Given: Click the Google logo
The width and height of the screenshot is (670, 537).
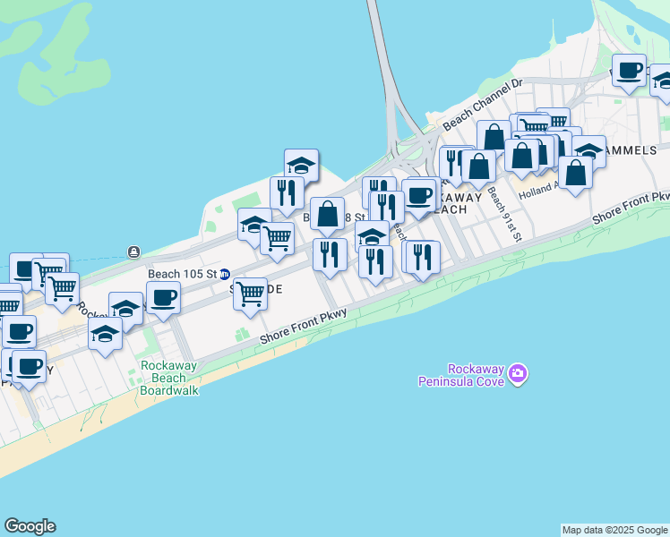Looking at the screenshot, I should [30, 526].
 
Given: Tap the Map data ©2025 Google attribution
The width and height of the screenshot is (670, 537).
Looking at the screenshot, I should [615, 530].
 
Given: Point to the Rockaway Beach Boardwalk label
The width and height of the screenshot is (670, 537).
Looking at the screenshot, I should [168, 379].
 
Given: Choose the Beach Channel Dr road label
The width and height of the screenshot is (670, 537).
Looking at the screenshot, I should [483, 103].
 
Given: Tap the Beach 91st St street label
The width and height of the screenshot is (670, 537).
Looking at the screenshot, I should [506, 219].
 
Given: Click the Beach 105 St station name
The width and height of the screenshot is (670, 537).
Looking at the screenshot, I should [183, 274].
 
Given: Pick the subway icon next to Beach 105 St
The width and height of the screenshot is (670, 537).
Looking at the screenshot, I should [226, 274].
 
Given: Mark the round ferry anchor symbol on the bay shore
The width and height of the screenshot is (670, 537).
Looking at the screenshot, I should [133, 251].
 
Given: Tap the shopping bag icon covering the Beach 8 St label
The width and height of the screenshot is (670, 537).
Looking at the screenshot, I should [328, 214].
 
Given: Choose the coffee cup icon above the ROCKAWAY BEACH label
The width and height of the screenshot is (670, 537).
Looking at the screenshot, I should [418, 195].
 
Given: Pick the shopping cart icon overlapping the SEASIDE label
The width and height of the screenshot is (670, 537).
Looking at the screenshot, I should [250, 293].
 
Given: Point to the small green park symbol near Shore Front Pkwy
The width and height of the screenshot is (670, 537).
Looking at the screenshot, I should [242, 334].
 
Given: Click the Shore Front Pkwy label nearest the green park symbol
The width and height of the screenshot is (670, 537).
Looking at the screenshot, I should [303, 326].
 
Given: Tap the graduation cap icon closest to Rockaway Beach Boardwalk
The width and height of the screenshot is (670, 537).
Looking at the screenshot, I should [106, 336].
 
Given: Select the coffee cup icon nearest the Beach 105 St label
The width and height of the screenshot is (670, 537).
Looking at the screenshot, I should [163, 297].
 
